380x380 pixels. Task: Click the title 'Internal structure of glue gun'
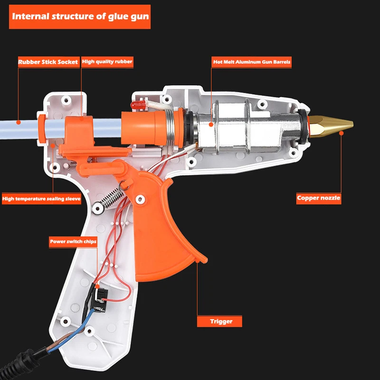click(x=80, y=17)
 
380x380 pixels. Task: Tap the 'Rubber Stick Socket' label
click(x=48, y=62)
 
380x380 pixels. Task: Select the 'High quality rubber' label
click(x=107, y=62)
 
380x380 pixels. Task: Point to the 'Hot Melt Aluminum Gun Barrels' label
click(x=251, y=62)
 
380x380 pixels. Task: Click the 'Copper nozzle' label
click(x=319, y=198)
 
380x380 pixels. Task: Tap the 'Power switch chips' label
click(x=73, y=242)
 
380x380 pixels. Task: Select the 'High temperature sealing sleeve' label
click(x=41, y=199)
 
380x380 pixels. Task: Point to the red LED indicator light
click(x=138, y=104)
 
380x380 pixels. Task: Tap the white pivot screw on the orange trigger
click(x=140, y=199)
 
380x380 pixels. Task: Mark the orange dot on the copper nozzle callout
click(x=341, y=133)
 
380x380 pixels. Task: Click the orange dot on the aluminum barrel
click(x=211, y=124)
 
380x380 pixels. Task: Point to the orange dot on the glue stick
click(x=19, y=123)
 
